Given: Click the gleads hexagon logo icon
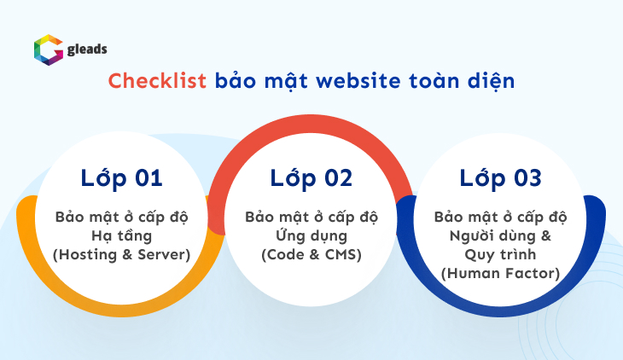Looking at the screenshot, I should (x=48, y=50).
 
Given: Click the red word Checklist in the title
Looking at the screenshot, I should (x=158, y=82).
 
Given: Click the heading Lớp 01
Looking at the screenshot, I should (x=121, y=178).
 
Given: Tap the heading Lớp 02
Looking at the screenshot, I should (x=311, y=178).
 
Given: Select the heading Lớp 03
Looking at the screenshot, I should (x=500, y=178).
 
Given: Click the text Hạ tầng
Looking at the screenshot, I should (x=121, y=235).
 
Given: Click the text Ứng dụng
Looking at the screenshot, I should (x=311, y=235).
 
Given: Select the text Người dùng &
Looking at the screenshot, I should (x=500, y=235).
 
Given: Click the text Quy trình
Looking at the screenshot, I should (x=500, y=254).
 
